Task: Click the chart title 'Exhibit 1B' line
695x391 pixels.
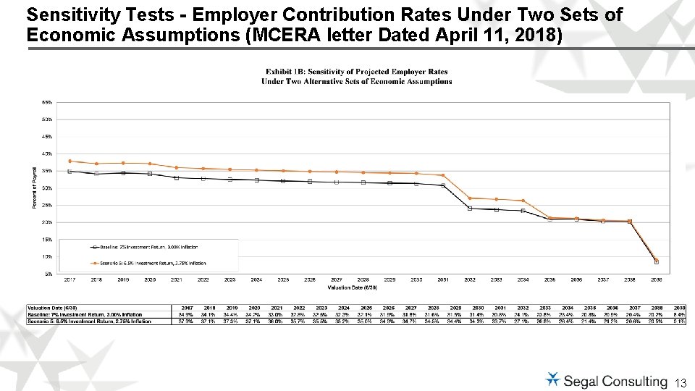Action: (x=356, y=72)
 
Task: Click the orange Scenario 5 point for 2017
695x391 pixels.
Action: (x=69, y=161)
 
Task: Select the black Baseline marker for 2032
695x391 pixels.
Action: (x=470, y=209)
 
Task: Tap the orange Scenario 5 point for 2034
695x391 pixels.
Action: (x=523, y=201)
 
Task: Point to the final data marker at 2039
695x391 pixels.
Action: (x=657, y=261)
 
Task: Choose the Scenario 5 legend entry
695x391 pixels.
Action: (x=148, y=263)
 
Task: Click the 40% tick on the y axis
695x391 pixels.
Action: (x=46, y=154)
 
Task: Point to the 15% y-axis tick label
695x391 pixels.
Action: (x=46, y=239)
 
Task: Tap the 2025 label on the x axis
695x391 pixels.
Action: (x=283, y=279)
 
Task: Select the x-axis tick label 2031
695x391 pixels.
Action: (x=443, y=279)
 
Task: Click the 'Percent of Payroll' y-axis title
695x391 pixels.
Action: (x=33, y=188)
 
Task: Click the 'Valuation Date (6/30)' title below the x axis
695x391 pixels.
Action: (x=351, y=287)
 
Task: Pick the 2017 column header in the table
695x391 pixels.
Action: (x=187, y=308)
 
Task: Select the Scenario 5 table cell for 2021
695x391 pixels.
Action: (x=277, y=321)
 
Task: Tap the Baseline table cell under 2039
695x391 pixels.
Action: (x=679, y=314)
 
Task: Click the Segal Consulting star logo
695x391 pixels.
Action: (x=552, y=379)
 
